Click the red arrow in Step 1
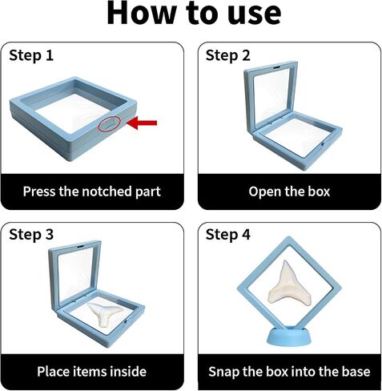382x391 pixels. pyautogui.click(x=142, y=123)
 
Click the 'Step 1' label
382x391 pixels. pyautogui.click(x=31, y=56)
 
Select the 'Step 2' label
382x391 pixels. pyautogui.click(x=227, y=56)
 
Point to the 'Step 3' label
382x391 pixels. pyautogui.click(x=31, y=235)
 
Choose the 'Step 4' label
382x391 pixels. pyautogui.click(x=227, y=235)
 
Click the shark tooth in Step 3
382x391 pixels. pyautogui.click(x=106, y=314)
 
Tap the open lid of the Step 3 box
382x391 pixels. pyautogui.click(x=52, y=278)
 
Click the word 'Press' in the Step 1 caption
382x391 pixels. pyautogui.click(x=39, y=191)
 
